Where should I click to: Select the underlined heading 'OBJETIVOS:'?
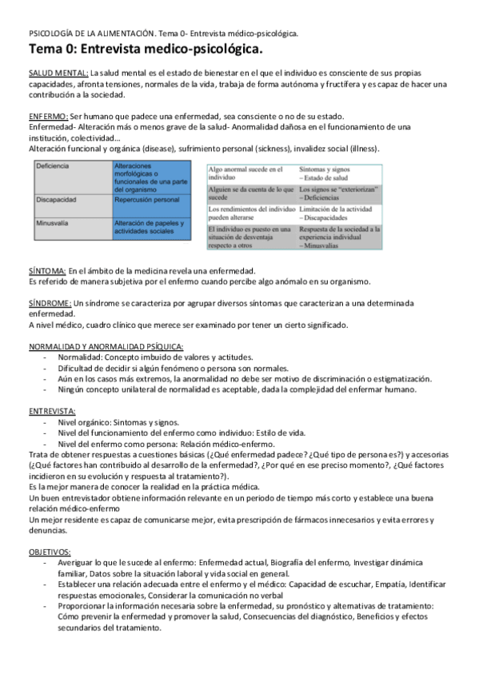point(50,552)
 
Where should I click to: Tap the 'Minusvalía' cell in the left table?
point(55,224)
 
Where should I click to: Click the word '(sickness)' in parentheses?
point(273,150)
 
